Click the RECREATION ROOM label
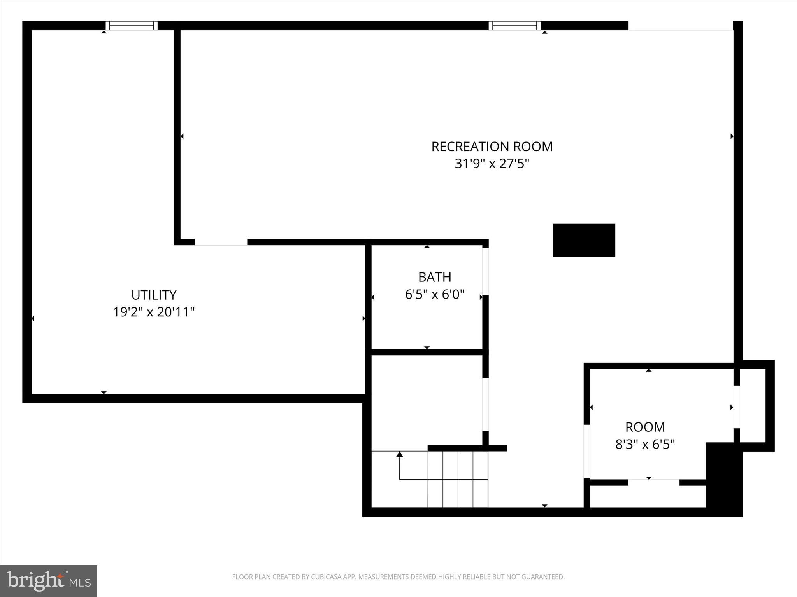pos(492,147)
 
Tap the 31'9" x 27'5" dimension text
pos(492,164)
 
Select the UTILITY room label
pos(154,295)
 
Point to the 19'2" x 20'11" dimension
pos(154,312)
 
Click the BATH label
pos(435,277)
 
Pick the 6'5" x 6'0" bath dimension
pos(435,295)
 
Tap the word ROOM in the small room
pos(645,427)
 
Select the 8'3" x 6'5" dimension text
pos(645,444)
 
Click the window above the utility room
pos(132,26)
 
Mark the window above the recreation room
pos(514,26)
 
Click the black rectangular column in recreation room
pos(584,240)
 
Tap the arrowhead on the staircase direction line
pos(400,454)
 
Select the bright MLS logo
pos(49,581)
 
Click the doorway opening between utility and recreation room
pos(221,242)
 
